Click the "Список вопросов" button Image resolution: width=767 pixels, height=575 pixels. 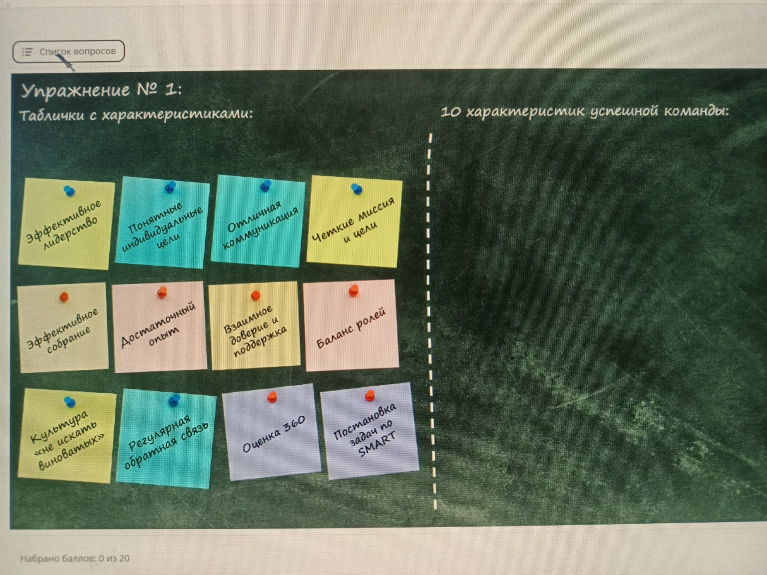68,51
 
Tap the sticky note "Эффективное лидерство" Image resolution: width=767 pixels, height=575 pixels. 66,224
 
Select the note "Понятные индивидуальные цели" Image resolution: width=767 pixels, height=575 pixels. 163,223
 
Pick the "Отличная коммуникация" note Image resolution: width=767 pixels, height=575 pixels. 258,221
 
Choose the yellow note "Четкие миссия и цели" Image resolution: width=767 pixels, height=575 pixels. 355,221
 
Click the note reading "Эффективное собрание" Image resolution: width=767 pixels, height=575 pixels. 63,327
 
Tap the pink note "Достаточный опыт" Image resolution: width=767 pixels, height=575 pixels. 159,327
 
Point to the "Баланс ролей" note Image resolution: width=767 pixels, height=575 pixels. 351,325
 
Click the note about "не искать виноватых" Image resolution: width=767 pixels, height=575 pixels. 67,436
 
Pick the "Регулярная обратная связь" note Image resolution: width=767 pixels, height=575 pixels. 166,439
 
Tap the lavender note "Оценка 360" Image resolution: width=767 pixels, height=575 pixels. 272,432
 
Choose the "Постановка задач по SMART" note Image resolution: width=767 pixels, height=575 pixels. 370,431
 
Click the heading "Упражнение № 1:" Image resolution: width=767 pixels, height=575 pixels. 102,90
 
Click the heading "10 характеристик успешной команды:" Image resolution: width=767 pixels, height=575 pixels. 585,112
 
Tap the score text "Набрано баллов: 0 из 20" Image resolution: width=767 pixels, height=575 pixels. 75,559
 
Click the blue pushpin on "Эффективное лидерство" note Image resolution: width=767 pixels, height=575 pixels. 69,191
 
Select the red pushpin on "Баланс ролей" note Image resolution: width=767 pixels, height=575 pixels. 354,290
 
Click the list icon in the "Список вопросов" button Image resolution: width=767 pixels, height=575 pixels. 27,52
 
